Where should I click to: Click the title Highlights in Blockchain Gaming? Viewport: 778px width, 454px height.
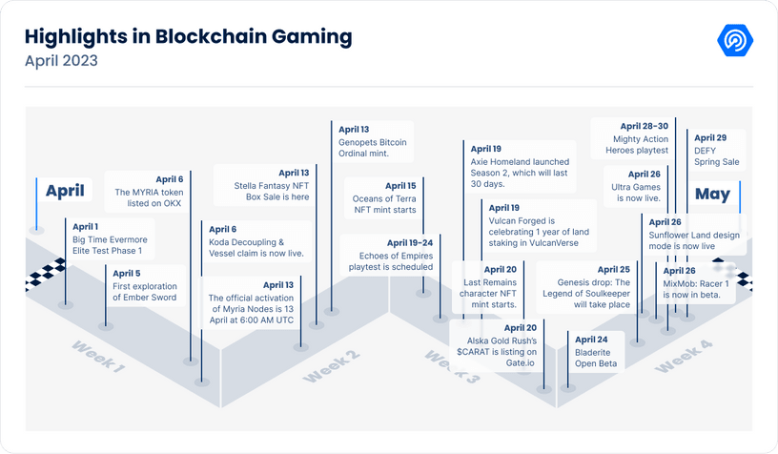pos(188,37)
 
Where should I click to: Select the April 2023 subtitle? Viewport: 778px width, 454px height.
pos(61,61)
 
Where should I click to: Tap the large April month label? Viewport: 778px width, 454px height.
pos(65,191)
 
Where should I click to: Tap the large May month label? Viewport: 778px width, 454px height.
pos(712,195)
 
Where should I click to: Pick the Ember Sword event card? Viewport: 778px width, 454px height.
pos(144,284)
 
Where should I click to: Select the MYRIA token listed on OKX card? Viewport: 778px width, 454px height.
pos(149,191)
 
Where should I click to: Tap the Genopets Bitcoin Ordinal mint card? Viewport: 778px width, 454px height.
pos(372,141)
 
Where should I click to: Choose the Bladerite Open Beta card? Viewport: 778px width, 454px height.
pos(596,351)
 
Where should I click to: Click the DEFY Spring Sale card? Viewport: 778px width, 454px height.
pos(717,150)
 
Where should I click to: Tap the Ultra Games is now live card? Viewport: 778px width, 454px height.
pos(636,187)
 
